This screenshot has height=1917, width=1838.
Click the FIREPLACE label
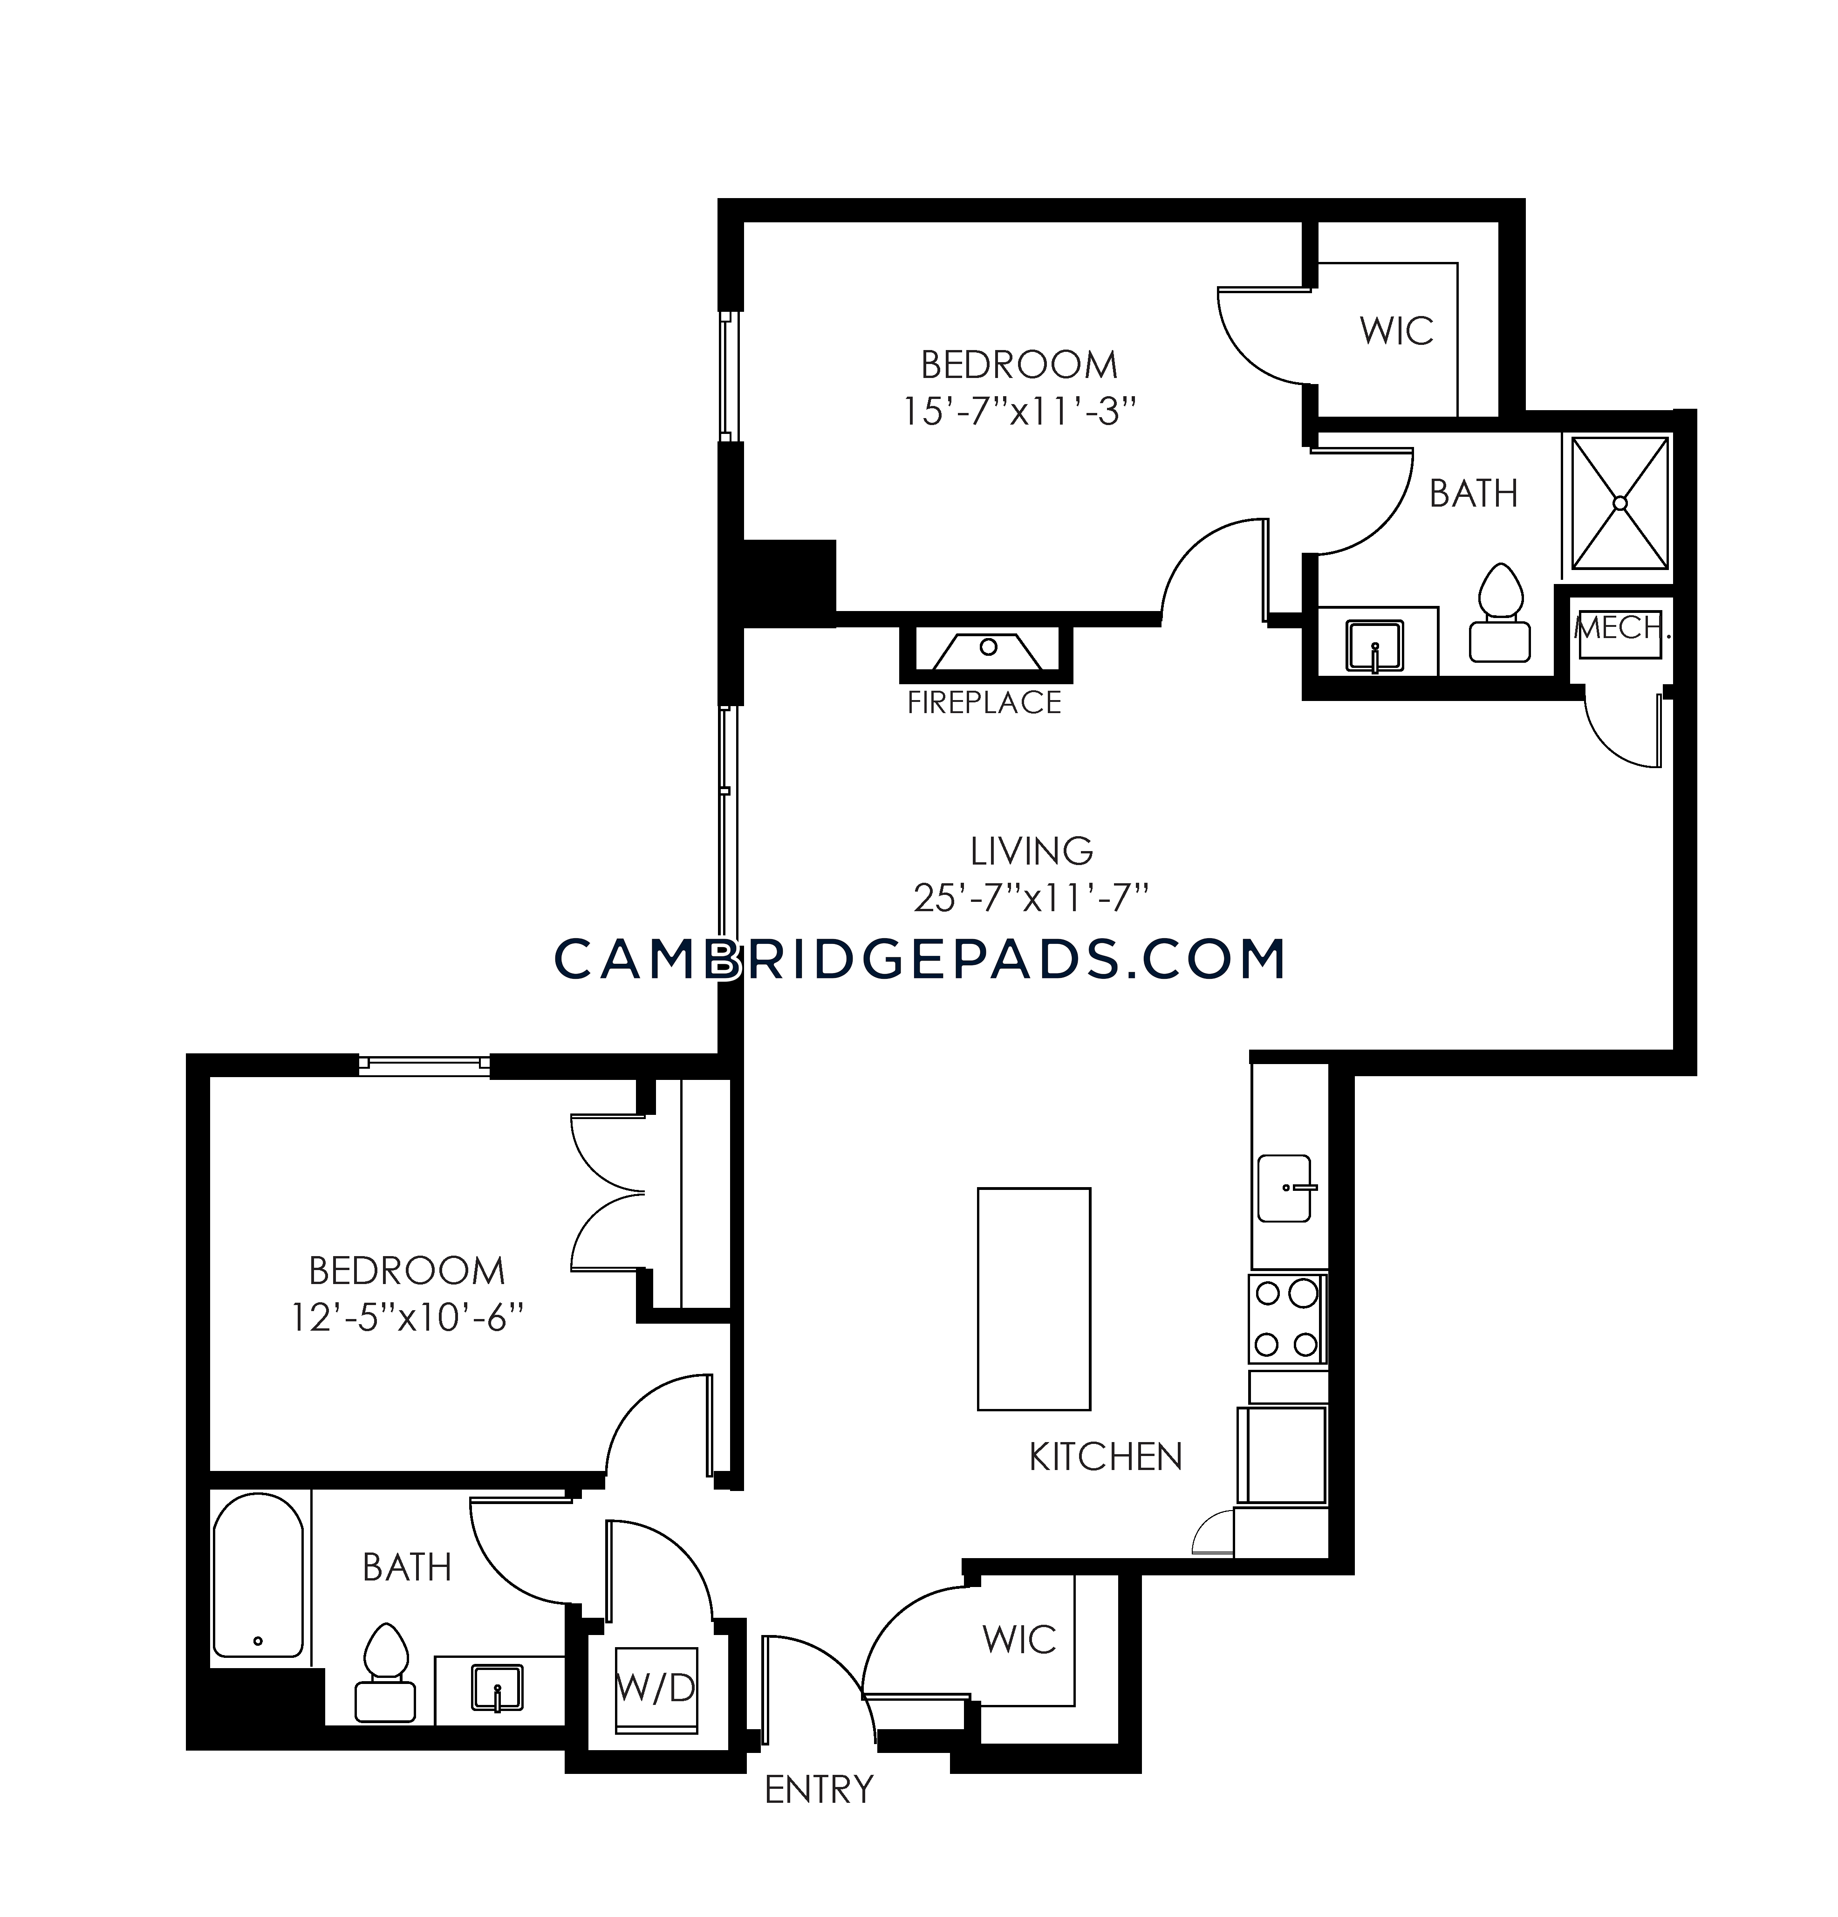[984, 702]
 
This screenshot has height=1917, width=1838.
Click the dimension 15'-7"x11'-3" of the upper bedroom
[1020, 412]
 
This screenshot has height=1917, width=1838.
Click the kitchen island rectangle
[1033, 1299]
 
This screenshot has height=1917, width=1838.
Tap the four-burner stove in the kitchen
[1287, 1319]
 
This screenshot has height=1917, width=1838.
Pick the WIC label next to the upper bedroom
[1396, 331]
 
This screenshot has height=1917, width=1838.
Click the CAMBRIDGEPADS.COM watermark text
[919, 958]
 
